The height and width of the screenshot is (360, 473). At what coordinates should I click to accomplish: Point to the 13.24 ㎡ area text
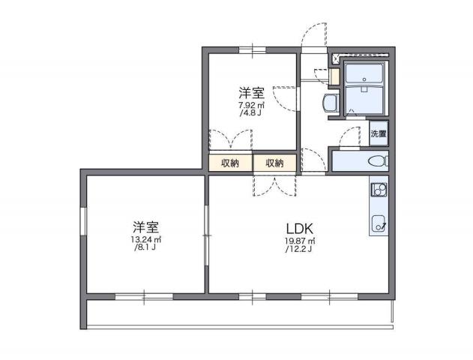[x=145, y=240]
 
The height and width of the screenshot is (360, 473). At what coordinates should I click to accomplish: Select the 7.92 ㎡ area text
[x=250, y=106]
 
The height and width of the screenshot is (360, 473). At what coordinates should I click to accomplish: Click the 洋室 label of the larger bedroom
[x=145, y=226]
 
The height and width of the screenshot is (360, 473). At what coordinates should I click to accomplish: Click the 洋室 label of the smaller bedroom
[x=251, y=93]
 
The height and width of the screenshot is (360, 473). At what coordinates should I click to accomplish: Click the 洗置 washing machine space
[x=379, y=134]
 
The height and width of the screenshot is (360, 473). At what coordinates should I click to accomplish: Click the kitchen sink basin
[x=379, y=222]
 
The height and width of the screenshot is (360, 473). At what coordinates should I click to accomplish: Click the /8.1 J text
[x=144, y=248]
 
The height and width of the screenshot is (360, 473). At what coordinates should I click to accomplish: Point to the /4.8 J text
[x=250, y=115]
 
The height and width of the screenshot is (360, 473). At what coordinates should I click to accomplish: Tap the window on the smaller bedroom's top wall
[x=252, y=49]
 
